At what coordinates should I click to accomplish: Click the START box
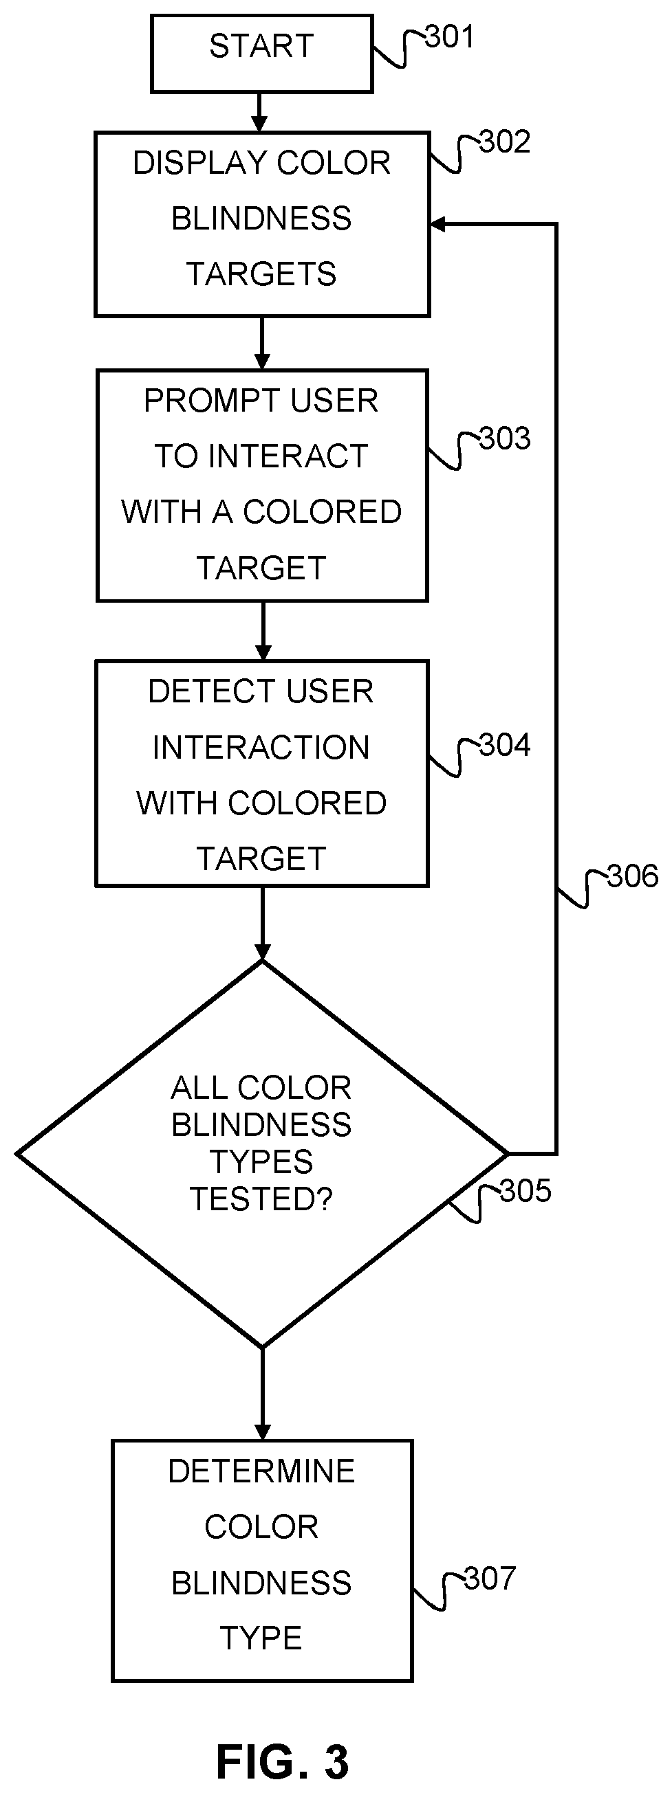coord(262,54)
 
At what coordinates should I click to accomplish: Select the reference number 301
coord(450,36)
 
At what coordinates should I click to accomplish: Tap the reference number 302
coord(505,142)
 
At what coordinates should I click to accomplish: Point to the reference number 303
coord(505,438)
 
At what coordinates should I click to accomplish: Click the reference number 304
coord(505,746)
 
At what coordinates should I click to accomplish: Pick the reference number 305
coord(525,1191)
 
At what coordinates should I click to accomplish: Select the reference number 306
coord(632,876)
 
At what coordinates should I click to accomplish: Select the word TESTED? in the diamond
coord(262,1199)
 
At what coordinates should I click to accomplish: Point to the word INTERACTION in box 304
coord(261,748)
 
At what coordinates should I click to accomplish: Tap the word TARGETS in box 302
coord(262,274)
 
